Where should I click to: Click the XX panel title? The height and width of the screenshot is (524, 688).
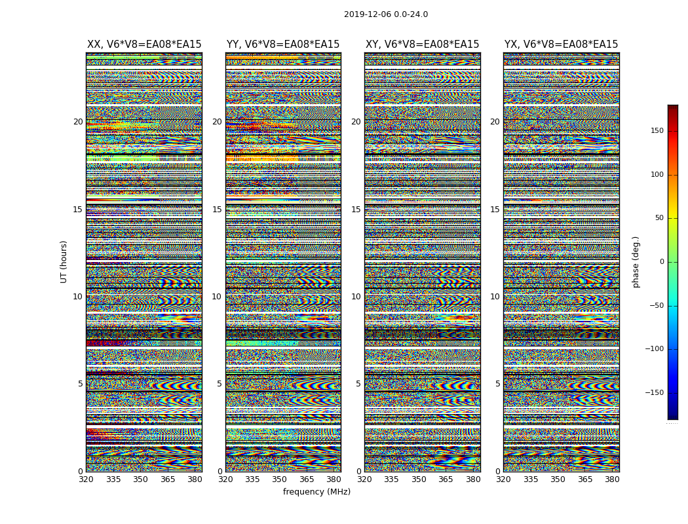(x=144, y=45)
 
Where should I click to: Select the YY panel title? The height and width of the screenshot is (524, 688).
(x=283, y=45)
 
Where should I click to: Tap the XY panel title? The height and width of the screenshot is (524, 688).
(x=422, y=45)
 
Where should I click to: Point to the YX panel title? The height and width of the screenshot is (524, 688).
(x=561, y=45)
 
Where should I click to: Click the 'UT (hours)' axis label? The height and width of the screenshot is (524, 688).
(x=64, y=261)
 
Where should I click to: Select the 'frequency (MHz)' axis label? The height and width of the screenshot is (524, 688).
(x=316, y=492)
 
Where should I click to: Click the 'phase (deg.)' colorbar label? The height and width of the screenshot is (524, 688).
(x=636, y=261)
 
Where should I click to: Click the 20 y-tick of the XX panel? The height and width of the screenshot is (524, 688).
(x=78, y=122)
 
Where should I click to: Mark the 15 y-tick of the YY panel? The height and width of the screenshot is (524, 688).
(x=217, y=210)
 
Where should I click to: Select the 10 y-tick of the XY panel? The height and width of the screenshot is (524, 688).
(x=356, y=297)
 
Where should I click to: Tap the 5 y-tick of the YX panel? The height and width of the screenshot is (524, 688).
(x=497, y=384)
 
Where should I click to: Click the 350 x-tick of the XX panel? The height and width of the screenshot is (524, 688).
(x=141, y=479)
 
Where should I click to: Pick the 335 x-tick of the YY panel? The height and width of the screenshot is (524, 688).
(x=252, y=479)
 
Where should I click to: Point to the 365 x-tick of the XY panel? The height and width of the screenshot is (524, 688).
(x=446, y=479)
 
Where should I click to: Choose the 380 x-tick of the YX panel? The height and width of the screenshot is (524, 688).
(x=612, y=479)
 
